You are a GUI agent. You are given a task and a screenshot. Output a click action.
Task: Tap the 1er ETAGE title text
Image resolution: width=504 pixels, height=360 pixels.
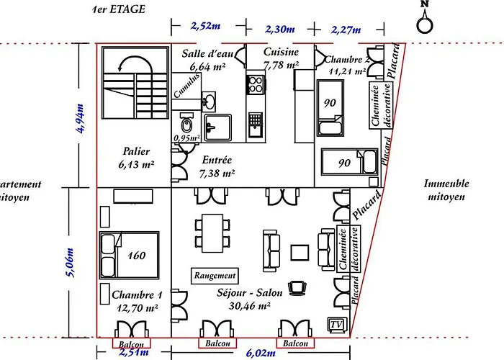tap(120, 10)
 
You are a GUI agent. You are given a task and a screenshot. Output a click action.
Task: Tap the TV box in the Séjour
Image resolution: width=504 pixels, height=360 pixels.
tap(336, 324)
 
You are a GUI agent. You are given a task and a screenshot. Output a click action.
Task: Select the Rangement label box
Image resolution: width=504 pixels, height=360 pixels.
tap(215, 275)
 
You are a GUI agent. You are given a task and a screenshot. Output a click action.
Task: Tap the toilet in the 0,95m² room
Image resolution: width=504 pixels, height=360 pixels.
tap(185, 121)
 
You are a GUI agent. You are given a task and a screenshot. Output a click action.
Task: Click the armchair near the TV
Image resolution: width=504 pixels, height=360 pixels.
tap(297, 288)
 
